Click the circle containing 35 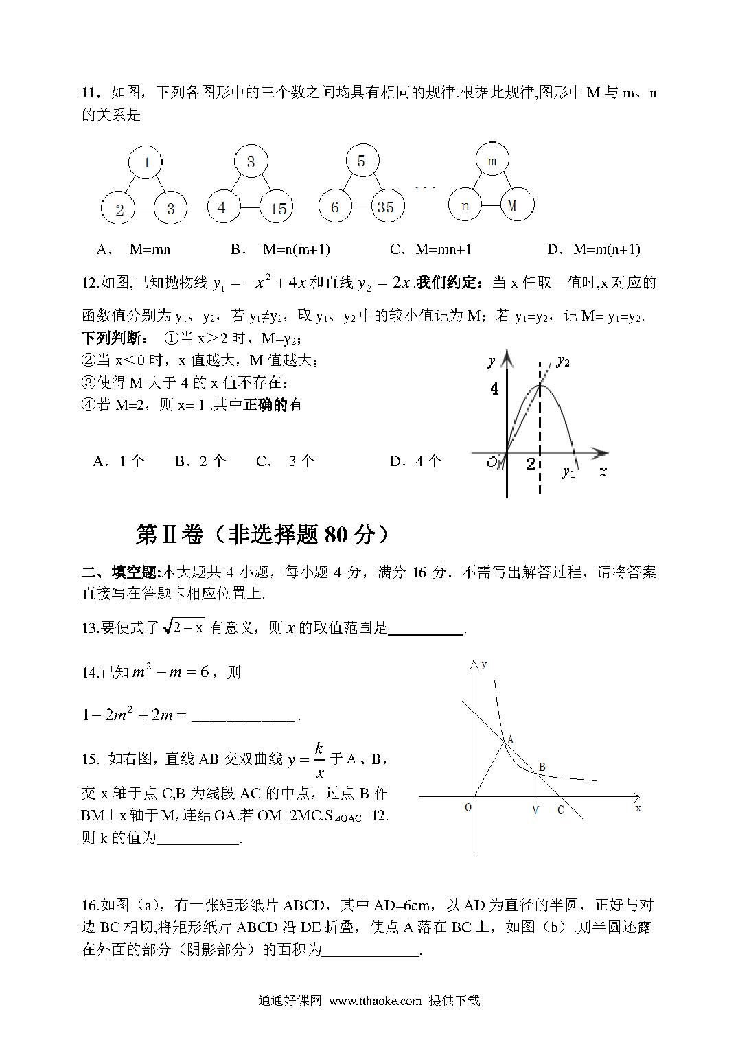pos(387,207)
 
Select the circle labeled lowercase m pos(492,162)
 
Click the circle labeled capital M pos(513,205)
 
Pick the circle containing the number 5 pos(361,162)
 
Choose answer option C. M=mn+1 pos(430,249)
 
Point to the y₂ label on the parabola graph pos(564,360)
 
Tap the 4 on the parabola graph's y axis pos(494,389)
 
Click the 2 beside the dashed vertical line pos(531,464)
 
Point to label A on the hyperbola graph pos(511,739)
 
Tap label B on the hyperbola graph pos(542,767)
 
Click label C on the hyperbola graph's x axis pos(560,811)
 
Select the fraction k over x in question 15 pos(319,759)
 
